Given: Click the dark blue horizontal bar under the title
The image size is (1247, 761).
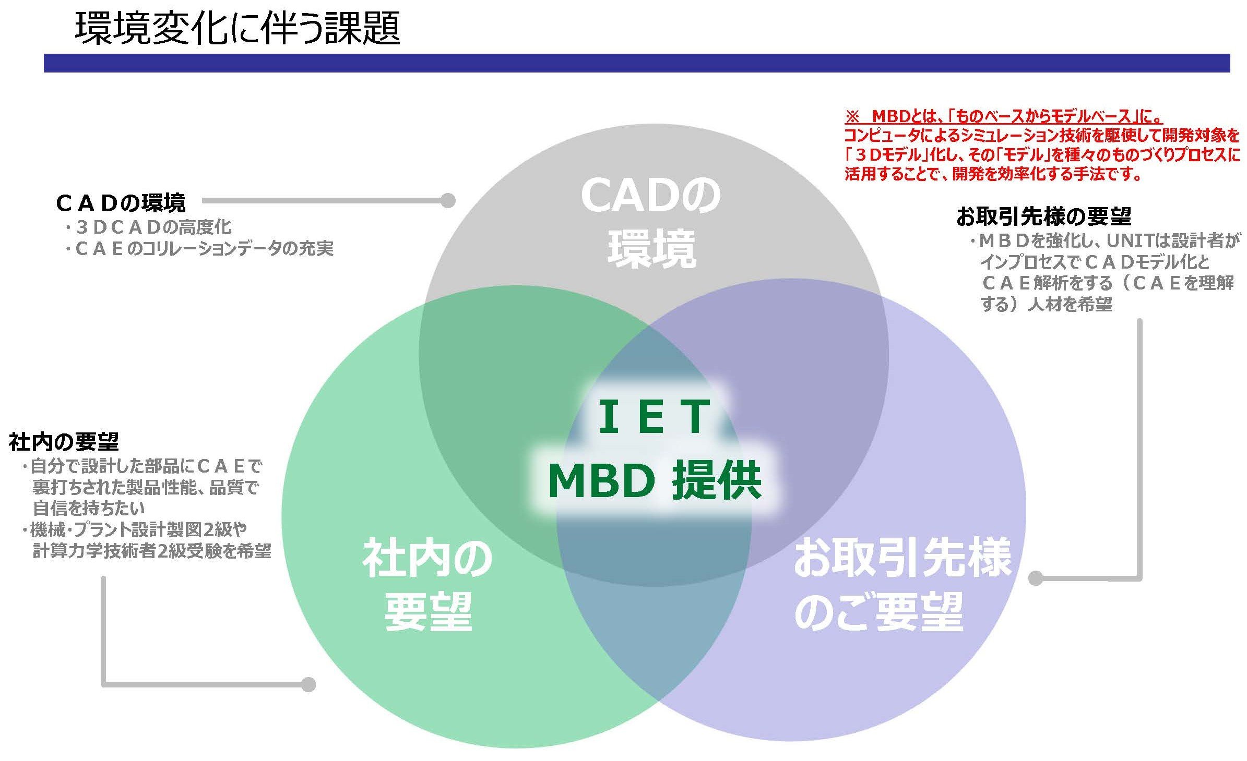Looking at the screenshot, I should click(x=637, y=63).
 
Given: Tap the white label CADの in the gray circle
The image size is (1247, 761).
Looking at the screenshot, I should click(x=650, y=196).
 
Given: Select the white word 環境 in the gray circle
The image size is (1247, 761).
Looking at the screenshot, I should click(x=652, y=249).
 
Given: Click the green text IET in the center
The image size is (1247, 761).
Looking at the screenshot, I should click(x=654, y=417).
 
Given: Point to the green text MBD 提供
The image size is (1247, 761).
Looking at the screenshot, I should click(x=655, y=480).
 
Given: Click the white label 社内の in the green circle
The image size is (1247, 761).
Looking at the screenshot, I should click(x=427, y=559).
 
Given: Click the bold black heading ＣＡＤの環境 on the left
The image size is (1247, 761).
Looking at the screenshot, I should click(x=121, y=203).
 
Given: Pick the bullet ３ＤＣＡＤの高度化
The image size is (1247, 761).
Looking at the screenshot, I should click(x=148, y=227).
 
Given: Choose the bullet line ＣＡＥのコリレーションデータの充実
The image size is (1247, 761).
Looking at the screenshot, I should click(x=199, y=249).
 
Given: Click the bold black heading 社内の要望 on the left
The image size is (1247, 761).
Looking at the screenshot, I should click(x=64, y=442).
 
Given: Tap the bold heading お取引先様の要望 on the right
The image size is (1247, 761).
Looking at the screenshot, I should click(x=1044, y=215).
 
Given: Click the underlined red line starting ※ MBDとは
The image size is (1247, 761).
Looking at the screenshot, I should click(x=1003, y=116).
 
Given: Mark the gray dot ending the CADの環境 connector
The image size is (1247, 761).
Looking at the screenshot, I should click(x=448, y=201).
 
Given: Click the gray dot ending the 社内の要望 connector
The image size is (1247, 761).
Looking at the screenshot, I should click(x=308, y=684).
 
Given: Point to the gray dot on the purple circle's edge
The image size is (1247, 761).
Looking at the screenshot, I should click(x=1036, y=578).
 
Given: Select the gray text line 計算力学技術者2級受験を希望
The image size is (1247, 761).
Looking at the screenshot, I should click(x=151, y=551).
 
